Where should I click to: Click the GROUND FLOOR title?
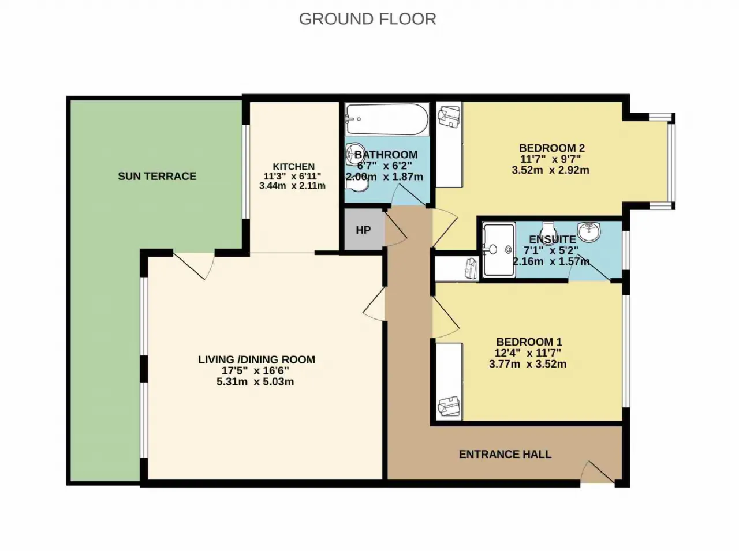368,19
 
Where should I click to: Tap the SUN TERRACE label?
157,177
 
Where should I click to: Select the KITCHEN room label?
294,167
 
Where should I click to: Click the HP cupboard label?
363,230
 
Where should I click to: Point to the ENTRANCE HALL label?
505,455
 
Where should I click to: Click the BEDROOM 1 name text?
529,342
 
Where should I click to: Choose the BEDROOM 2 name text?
552,148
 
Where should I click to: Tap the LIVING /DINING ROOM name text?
256,359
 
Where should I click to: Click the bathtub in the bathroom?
387,119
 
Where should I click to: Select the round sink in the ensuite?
589,232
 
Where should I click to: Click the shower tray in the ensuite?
499,250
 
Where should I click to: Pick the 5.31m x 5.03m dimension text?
255,382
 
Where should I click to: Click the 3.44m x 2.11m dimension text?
292,186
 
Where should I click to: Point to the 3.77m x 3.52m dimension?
528,364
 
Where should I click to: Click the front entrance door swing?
597,473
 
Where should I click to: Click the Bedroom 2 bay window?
671,162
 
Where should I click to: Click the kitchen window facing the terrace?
246,171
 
